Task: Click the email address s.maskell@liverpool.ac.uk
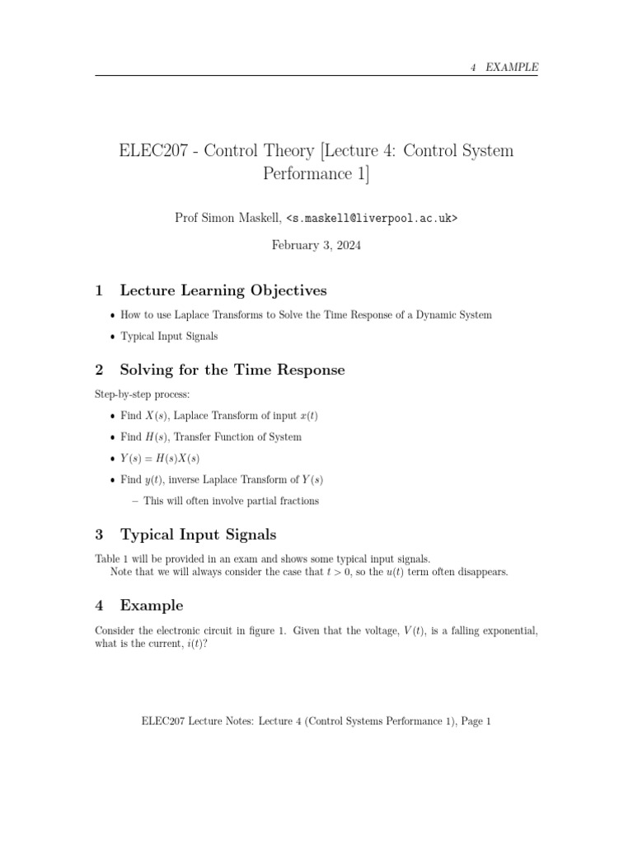point(372,218)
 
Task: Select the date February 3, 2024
point(316,245)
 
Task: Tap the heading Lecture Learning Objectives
point(223,290)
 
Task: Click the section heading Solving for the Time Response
point(232,370)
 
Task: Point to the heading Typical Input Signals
point(198,534)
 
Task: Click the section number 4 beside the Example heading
point(100,606)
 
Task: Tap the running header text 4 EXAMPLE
point(504,68)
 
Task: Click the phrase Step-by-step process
point(143,395)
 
